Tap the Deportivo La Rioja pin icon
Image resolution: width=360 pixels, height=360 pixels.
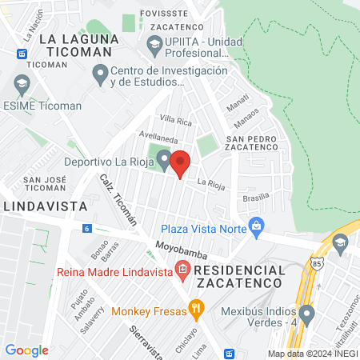[x=163, y=160]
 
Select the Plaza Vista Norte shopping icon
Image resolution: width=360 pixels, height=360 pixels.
[x=256, y=225]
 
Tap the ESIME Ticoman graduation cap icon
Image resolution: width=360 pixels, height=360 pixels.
[x=21, y=82]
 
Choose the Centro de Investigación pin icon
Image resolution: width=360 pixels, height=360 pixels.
[x=100, y=74]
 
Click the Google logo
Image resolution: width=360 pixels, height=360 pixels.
[x=26, y=350]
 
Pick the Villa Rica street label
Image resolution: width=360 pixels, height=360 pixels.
[x=176, y=121]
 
